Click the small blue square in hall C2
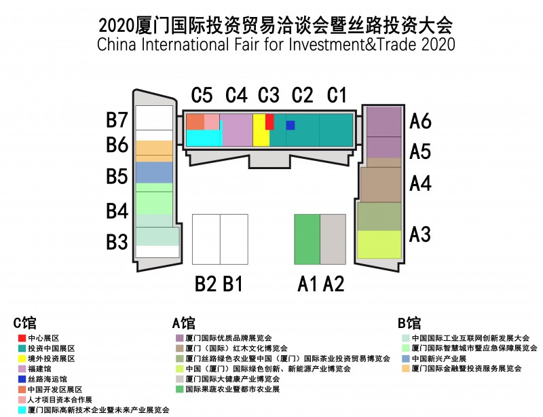pyautogui.click(x=291, y=125)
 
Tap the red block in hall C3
pyautogui.click(x=269, y=122)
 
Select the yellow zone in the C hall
pyautogui.click(x=261, y=130)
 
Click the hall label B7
pyautogui.click(x=117, y=120)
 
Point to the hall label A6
pyautogui.click(x=420, y=121)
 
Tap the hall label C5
pyautogui.click(x=202, y=94)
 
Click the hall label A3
pyautogui.click(x=420, y=234)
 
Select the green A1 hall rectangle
pyautogui.click(x=307, y=239)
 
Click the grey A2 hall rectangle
pyautogui.click(x=333, y=239)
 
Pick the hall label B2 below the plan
pyautogui.click(x=206, y=284)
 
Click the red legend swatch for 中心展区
pyautogui.click(x=22, y=338)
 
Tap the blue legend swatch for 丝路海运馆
pyautogui.click(x=22, y=379)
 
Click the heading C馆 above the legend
pyautogui.click(x=24, y=323)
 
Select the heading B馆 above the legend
pyautogui.click(x=409, y=323)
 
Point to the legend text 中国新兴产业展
pyautogui.click(x=439, y=359)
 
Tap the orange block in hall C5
pyautogui.click(x=195, y=122)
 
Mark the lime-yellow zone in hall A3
pyautogui.click(x=379, y=244)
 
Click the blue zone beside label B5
pyautogui.click(x=154, y=173)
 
